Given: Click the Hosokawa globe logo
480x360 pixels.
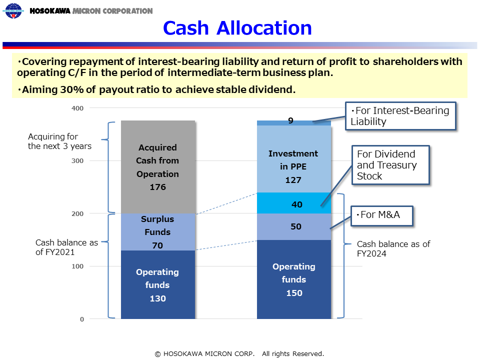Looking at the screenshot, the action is point(13,10).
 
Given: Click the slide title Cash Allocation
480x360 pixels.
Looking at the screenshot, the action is point(237,28).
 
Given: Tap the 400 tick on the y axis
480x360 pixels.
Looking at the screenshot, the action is point(77,108).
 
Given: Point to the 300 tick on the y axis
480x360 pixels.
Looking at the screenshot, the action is point(77,160).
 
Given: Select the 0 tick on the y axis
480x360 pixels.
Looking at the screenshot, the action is point(82,319).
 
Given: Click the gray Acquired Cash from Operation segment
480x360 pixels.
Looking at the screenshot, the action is point(158,167).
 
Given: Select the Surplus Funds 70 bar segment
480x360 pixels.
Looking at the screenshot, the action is point(158,231).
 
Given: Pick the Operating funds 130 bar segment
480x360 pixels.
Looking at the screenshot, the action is point(158,284).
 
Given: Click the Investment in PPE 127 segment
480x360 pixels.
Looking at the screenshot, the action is point(294,159).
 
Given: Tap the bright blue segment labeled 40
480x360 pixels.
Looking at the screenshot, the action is point(294,203).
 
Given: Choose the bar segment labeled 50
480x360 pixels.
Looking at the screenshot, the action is point(294,226).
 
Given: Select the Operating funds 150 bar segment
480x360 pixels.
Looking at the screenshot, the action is point(294,279).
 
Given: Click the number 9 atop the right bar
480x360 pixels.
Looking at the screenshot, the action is point(291,120).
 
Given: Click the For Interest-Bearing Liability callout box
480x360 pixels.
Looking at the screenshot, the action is point(400,116).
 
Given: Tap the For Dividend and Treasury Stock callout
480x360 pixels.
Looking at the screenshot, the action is point(391,165).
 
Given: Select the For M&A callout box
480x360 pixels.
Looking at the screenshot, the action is point(382,216).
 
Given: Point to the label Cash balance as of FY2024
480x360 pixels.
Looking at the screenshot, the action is point(393,248).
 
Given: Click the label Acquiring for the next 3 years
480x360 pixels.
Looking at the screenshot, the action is point(59,141).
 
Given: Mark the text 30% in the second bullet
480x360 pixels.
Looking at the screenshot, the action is point(72,89).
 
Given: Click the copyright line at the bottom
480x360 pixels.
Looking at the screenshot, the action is point(239,354).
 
